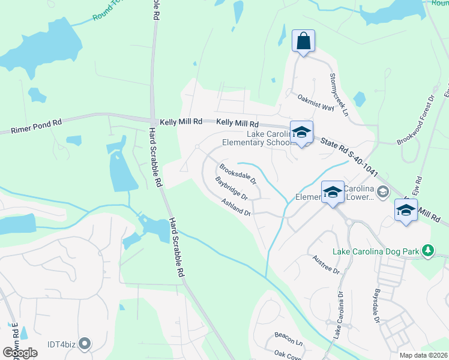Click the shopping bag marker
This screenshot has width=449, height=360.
point(303,41)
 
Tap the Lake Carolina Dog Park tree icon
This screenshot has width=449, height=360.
point(428,250)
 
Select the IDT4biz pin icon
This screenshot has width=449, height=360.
point(85,344)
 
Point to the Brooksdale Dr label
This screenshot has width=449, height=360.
point(238,173)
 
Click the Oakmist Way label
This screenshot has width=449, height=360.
point(315,102)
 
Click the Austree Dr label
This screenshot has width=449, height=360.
point(327,264)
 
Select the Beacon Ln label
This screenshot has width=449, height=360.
point(289,338)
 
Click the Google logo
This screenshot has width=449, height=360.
point(20,353)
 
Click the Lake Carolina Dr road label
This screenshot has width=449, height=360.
point(340,313)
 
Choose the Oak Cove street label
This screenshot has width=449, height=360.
point(288,355)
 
